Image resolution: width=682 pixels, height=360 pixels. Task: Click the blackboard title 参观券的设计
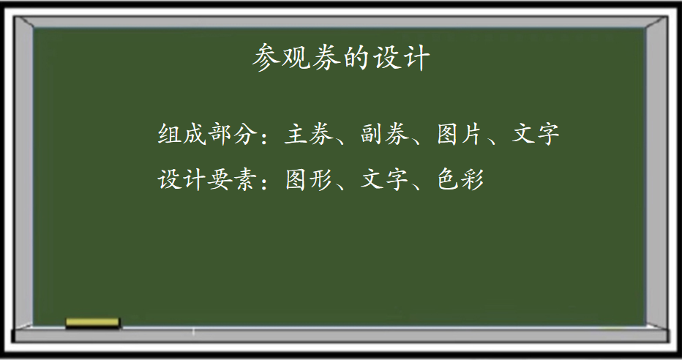tap(341, 57)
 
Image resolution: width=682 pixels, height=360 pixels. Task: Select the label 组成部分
tap(205, 133)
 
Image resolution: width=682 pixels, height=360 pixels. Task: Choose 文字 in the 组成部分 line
tap(536, 133)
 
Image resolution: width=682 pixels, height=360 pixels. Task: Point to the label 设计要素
tap(205, 179)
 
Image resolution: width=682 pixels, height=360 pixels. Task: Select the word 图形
tap(308, 179)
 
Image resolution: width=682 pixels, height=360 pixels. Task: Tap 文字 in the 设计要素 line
tap(384, 179)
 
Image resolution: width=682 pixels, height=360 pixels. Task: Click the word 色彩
tap(460, 179)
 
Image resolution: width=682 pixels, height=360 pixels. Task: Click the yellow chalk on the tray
tap(92, 323)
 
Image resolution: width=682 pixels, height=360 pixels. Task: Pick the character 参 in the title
tap(266, 57)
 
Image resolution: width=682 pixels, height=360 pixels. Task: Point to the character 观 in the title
tap(296, 57)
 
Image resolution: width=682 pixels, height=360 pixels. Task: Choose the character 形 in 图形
tap(321, 179)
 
